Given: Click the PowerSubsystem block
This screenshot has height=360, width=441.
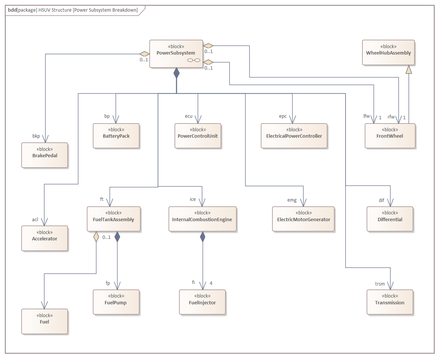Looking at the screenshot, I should point(176,53).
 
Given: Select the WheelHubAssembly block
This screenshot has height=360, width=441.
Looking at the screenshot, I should point(388,53).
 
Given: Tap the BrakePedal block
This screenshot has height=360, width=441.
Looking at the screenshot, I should point(44,155).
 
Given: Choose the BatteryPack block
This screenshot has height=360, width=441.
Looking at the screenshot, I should point(116,136).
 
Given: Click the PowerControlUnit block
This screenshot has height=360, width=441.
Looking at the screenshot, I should point(198,136).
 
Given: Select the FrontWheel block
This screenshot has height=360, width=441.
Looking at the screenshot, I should point(390,136).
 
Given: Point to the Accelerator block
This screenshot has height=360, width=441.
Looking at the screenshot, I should point(44,238).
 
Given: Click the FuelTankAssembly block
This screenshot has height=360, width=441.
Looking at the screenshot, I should point(113,219).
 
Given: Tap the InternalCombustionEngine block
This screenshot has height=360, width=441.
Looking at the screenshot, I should point(202,219).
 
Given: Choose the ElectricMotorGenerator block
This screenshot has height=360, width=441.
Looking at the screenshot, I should point(304,219).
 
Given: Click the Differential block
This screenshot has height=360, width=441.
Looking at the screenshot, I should point(390,219).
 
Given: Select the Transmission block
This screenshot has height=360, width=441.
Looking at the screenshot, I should point(389,302).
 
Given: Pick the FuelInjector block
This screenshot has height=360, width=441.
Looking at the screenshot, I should point(202,302).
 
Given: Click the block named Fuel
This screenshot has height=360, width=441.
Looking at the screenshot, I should point(44,321).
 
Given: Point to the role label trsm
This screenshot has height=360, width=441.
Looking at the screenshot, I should point(380,284).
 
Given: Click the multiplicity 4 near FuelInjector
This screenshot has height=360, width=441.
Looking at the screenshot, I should point(211,283).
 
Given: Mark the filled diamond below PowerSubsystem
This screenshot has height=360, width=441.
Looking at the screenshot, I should point(176,73).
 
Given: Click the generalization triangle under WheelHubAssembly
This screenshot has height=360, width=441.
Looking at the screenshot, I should point(409,69).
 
